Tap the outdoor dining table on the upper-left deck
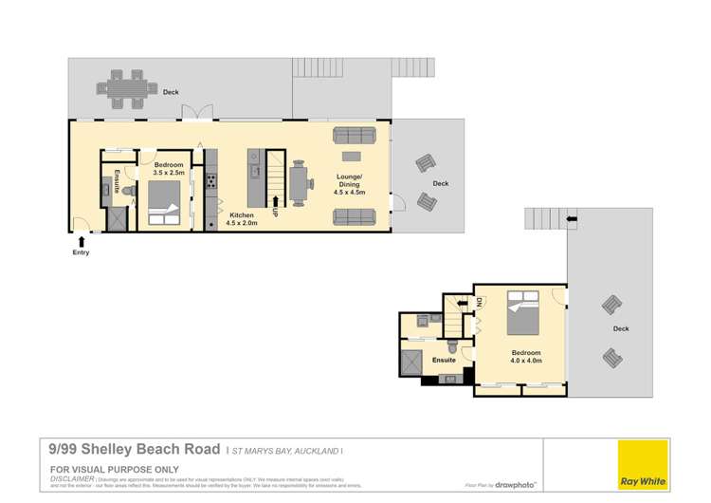123,87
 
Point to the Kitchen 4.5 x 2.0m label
245,219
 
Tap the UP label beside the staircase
275,211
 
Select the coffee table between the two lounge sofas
352,156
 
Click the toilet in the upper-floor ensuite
454,350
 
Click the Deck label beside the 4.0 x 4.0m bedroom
621,329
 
